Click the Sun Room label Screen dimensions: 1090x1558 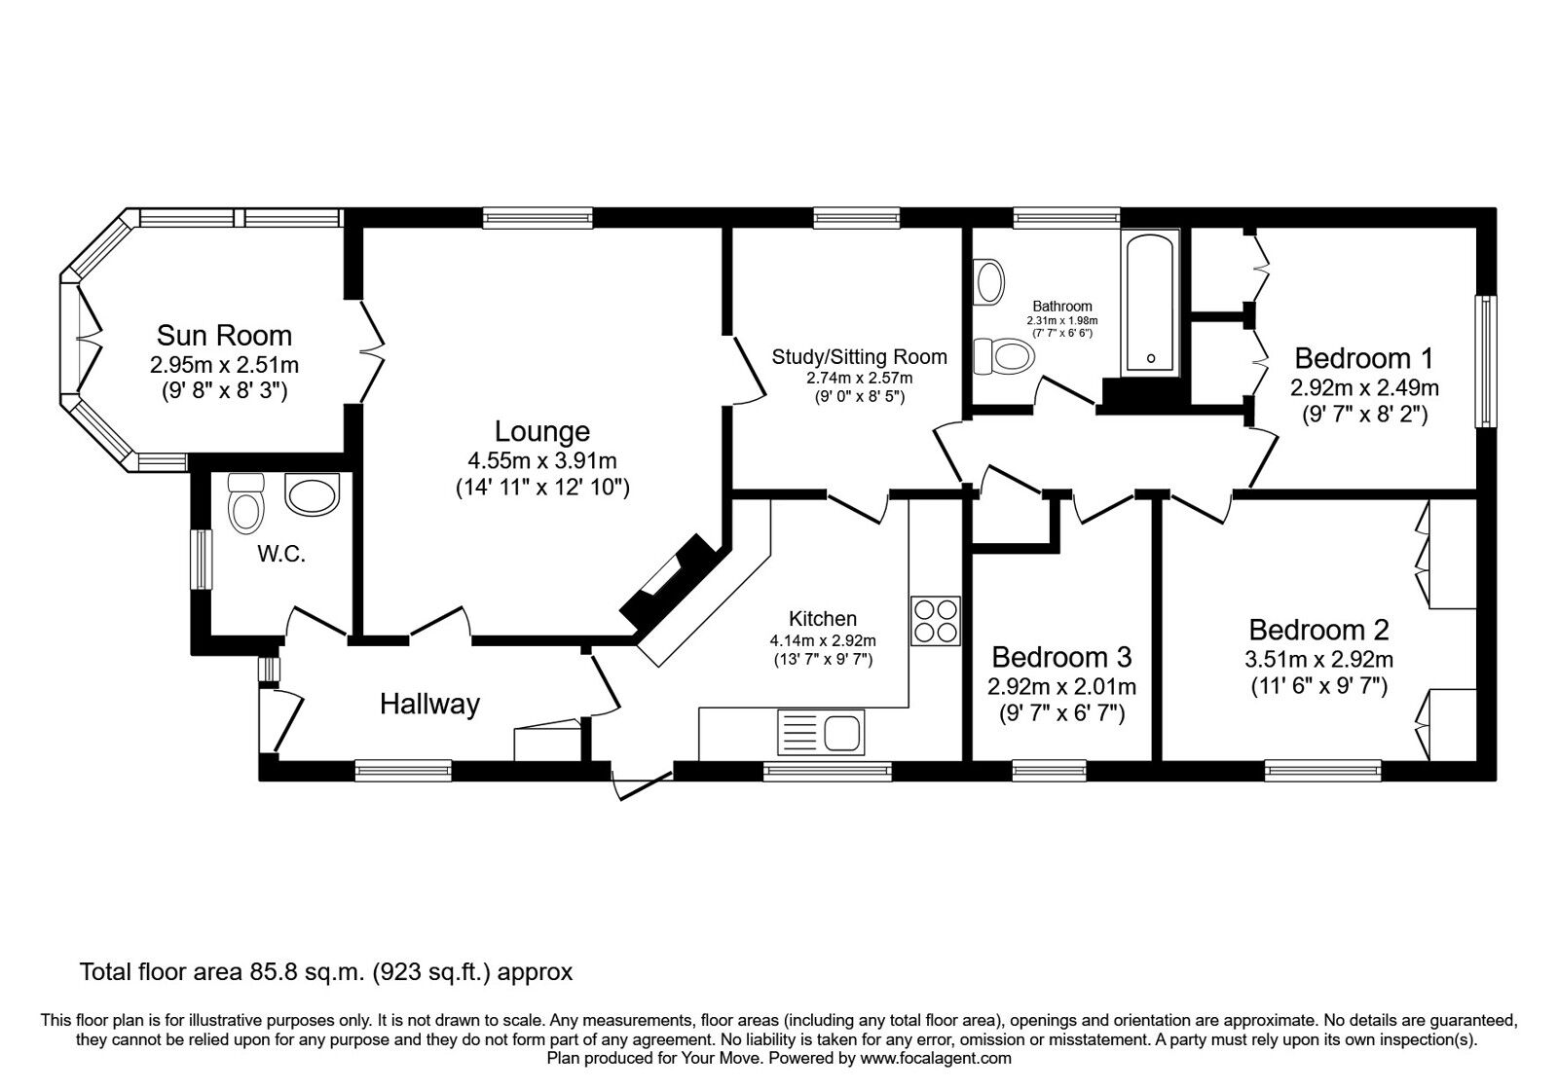[x=224, y=336]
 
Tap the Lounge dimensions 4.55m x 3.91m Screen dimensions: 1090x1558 [x=542, y=461]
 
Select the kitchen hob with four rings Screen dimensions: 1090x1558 [x=936, y=620]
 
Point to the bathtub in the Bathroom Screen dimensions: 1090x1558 [x=1151, y=304]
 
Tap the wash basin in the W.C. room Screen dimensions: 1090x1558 [x=312, y=493]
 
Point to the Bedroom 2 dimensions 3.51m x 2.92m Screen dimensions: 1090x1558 [x=1318, y=660]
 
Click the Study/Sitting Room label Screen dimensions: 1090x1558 [x=859, y=356]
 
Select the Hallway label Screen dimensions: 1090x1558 [x=429, y=704]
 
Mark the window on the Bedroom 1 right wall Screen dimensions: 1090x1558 [x=1485, y=362]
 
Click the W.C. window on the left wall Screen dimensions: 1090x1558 [x=201, y=558]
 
